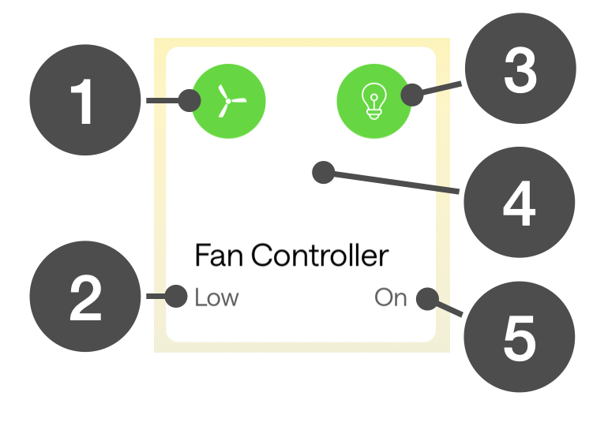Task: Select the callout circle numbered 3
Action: tap(520, 72)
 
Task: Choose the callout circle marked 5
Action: tap(519, 337)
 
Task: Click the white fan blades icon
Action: tap(228, 101)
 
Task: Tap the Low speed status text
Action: tap(216, 297)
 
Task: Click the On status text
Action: tap(391, 297)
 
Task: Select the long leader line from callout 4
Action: tap(395, 182)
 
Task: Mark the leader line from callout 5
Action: tap(448, 308)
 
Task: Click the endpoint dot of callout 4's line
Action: tap(323, 172)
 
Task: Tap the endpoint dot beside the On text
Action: tap(427, 298)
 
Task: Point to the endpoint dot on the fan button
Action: tap(190, 101)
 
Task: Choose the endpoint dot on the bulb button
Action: tap(411, 96)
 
